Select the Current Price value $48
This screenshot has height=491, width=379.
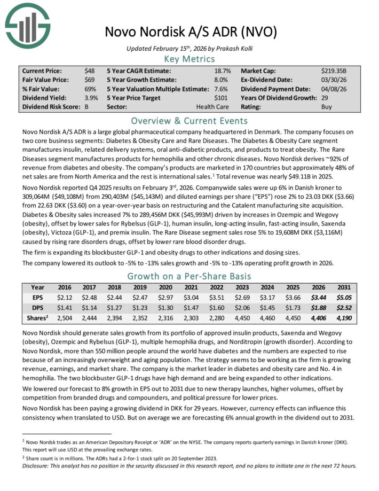[90, 71]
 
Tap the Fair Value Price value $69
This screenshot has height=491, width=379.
[90, 80]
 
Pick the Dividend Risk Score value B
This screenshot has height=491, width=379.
[86, 107]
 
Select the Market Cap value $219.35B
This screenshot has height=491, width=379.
[335, 71]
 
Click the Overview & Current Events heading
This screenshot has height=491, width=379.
[189, 120]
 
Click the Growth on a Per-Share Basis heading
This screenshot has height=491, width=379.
[189, 276]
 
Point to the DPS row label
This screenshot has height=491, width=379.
[37, 309]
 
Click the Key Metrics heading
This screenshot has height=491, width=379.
[189, 58]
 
